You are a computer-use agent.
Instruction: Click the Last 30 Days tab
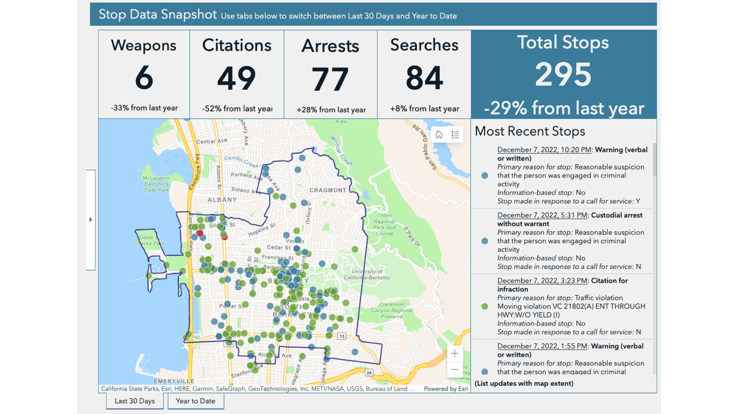click(135, 401)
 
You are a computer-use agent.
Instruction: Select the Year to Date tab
click(196, 401)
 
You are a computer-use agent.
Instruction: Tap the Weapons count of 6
click(144, 78)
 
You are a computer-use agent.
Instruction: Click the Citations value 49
click(237, 79)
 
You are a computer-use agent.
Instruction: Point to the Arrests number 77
click(330, 79)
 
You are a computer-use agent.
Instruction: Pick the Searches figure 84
click(424, 79)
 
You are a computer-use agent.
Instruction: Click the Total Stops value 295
click(563, 75)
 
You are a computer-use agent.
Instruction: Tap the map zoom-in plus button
click(454, 353)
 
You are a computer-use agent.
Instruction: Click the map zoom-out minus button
click(454, 369)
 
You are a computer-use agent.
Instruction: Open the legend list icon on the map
click(455, 135)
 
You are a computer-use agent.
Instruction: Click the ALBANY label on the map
click(222, 200)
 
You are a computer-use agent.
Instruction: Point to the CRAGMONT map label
click(328, 190)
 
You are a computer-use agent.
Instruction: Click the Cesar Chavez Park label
click(151, 240)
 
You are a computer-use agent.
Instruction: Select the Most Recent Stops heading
click(530, 131)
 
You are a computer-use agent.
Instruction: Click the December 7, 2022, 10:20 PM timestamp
click(544, 150)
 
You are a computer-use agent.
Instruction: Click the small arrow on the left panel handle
click(90, 219)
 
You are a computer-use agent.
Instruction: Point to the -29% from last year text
click(564, 109)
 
